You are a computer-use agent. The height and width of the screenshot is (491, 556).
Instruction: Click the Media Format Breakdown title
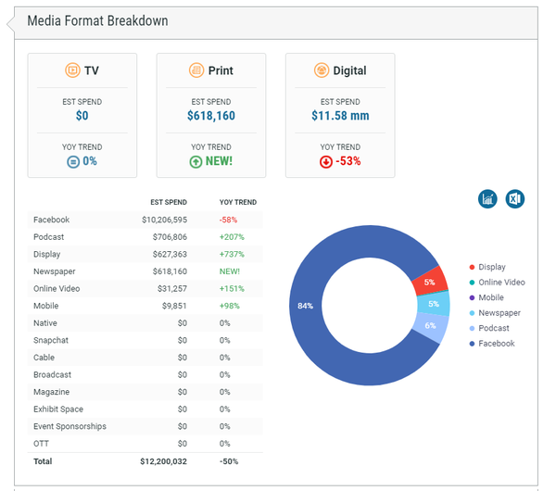(x=97, y=20)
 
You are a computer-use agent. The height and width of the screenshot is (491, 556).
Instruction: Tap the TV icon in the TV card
(x=72, y=70)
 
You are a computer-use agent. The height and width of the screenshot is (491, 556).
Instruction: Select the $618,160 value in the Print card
(x=210, y=117)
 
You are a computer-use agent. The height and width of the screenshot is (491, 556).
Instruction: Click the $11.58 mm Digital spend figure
(x=340, y=117)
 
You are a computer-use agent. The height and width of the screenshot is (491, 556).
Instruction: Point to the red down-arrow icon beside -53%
(x=325, y=161)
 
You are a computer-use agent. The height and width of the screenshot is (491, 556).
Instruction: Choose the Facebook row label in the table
(x=51, y=220)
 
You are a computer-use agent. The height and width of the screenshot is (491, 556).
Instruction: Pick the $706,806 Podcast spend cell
(x=165, y=237)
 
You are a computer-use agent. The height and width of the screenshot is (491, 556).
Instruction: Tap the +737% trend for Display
(x=232, y=254)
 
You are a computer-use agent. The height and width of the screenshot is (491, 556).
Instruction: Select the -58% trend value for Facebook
(x=229, y=220)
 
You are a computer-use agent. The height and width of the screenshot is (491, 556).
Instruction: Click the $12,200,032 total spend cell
(x=163, y=460)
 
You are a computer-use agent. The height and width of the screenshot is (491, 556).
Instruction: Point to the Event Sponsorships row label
(x=69, y=426)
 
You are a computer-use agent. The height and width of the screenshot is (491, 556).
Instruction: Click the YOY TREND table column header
(x=237, y=202)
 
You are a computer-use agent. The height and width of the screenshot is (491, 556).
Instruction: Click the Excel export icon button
(x=515, y=199)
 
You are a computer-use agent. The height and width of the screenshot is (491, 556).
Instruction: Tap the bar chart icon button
(x=487, y=199)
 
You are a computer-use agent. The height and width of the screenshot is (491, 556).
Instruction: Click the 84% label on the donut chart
(x=305, y=306)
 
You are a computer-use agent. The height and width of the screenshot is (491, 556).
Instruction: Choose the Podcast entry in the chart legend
(x=494, y=328)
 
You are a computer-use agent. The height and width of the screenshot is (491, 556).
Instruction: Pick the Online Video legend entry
(x=501, y=283)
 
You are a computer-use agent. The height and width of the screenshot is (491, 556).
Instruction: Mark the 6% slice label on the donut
(x=430, y=325)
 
